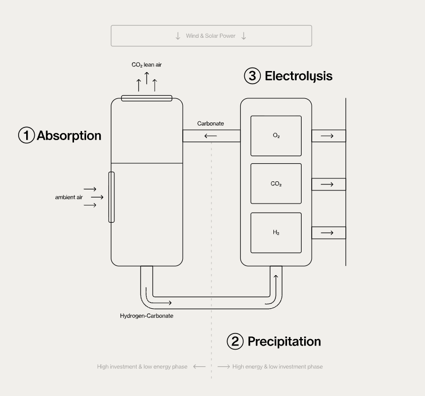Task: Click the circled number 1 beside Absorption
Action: pyautogui.click(x=27, y=136)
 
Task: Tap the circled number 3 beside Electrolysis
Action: pyautogui.click(x=253, y=76)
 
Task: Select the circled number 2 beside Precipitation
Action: pyautogui.click(x=235, y=342)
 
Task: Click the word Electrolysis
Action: pyautogui.click(x=299, y=76)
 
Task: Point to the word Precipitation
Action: pyautogui.click(x=284, y=342)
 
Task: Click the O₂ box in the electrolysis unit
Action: pyautogui.click(x=276, y=136)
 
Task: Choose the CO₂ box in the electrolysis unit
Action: pyautogui.click(x=276, y=184)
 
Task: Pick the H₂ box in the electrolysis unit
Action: pyautogui.click(x=276, y=233)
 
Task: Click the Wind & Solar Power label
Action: pyautogui.click(x=210, y=36)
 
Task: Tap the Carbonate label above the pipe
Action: pyautogui.click(x=210, y=123)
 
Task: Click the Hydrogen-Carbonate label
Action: pyautogui.click(x=147, y=316)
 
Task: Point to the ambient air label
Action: pyautogui.click(x=68, y=197)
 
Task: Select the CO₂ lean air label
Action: pyautogui.click(x=147, y=65)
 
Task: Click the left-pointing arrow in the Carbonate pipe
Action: pyautogui.click(x=210, y=136)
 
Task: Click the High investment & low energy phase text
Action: pyautogui.click(x=142, y=367)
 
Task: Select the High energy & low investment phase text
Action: pyautogui.click(x=277, y=367)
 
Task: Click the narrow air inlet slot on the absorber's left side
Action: pyautogui.click(x=112, y=197)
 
